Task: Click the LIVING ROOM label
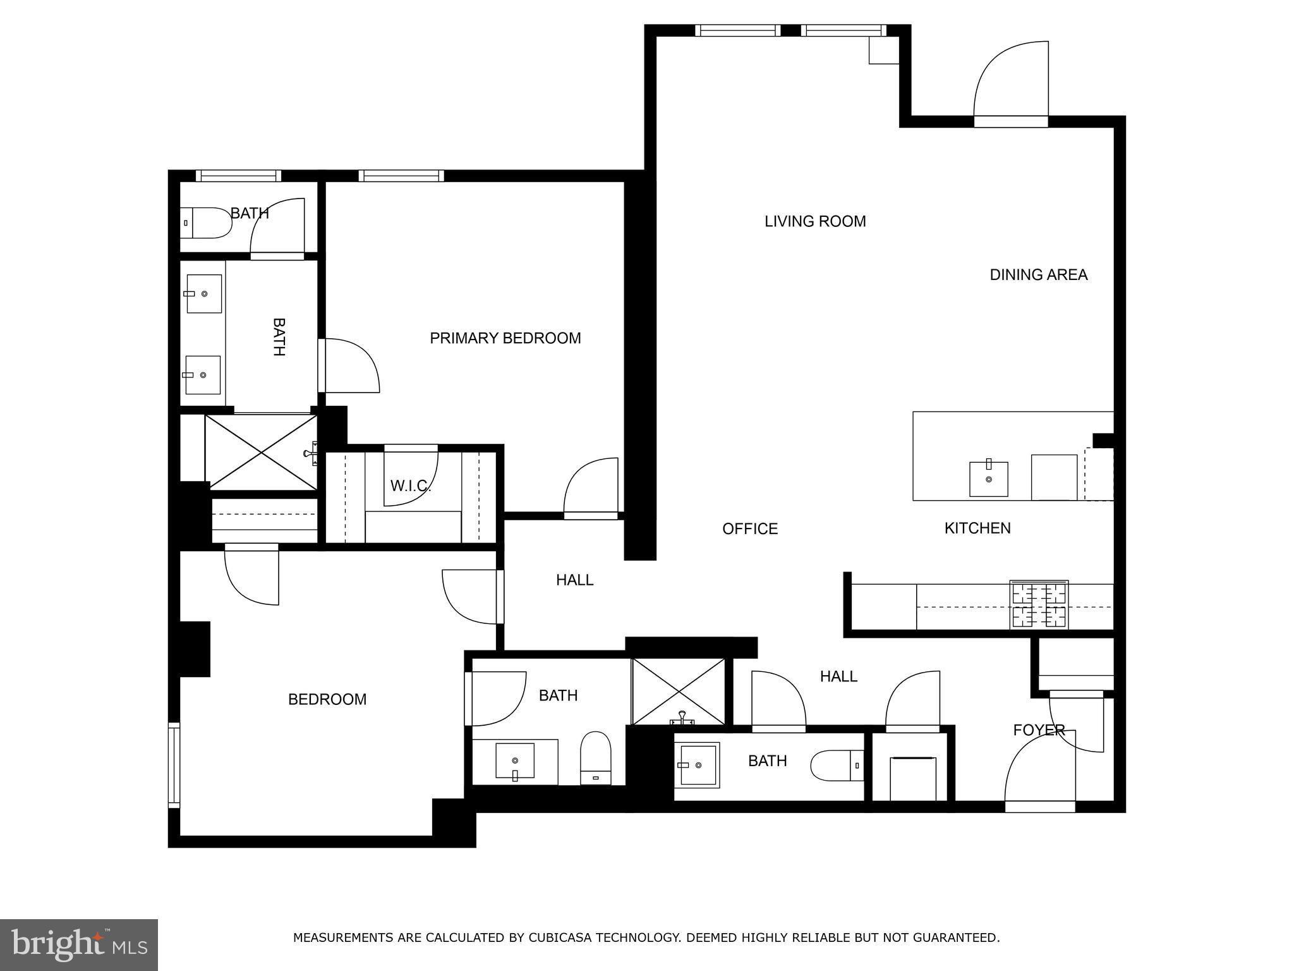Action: [x=815, y=221]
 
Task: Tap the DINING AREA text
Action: [x=1038, y=275]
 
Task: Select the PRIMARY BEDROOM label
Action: [x=505, y=338]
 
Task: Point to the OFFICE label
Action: [x=750, y=528]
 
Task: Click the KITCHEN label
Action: [x=977, y=528]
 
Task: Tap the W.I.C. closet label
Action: [x=411, y=486]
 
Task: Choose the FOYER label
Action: [x=1039, y=730]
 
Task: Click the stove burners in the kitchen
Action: [x=1039, y=605]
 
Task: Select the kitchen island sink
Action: [x=988, y=479]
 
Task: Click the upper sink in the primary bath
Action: [x=203, y=293]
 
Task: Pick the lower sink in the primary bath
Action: [x=202, y=375]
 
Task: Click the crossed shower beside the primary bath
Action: [x=260, y=451]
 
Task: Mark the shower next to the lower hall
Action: [x=679, y=691]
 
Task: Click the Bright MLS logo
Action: [x=79, y=945]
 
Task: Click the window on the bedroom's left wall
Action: [x=174, y=765]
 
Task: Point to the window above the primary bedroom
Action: [x=401, y=176]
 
